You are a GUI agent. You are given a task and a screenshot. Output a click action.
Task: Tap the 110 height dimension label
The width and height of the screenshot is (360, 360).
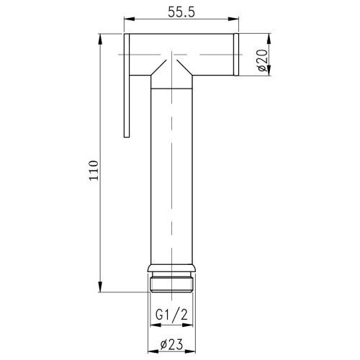94,170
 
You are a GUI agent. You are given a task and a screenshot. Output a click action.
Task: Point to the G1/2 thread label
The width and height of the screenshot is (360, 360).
171,315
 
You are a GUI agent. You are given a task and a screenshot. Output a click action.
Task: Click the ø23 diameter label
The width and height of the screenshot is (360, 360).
171,344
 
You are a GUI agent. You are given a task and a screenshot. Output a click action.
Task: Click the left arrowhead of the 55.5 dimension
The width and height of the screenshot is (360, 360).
129,19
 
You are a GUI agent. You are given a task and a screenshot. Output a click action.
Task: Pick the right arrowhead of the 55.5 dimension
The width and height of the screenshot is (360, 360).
233,19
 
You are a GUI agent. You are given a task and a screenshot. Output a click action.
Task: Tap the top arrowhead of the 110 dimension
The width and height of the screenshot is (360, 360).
101,39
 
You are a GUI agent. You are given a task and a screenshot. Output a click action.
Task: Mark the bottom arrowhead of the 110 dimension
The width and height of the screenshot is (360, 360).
101,287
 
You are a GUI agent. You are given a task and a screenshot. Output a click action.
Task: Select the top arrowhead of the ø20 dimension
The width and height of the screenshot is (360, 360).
269,39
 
